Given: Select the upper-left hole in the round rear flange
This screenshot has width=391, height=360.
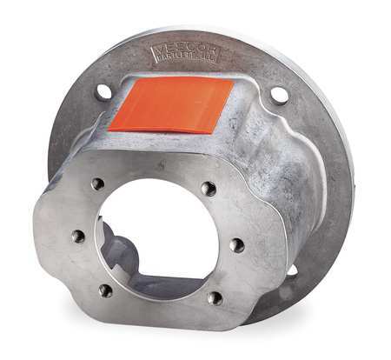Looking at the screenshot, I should pyautogui.click(x=103, y=90).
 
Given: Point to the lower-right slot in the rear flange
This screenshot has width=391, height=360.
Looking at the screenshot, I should pyautogui.click(x=291, y=271).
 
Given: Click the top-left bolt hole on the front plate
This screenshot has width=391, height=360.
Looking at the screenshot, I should pyautogui.click(x=98, y=183).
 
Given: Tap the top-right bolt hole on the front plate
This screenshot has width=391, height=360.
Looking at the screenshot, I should pyautogui.click(x=208, y=188).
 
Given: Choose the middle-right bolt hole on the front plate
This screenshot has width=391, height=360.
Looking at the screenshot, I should pyautogui.click(x=236, y=245).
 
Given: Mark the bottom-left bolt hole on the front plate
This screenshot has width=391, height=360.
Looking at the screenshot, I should pyautogui.click(x=105, y=290).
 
